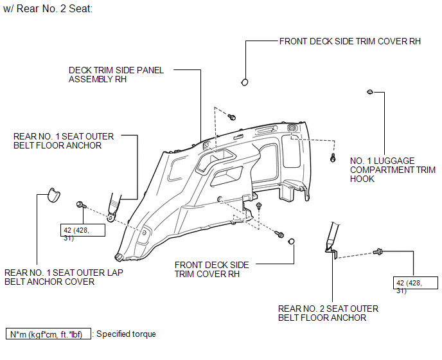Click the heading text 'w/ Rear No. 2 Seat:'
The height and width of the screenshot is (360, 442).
pos(48,9)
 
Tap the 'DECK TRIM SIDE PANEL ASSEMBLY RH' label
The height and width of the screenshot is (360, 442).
pos(116,75)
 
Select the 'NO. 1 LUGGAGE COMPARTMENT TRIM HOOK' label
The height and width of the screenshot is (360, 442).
pos(393,170)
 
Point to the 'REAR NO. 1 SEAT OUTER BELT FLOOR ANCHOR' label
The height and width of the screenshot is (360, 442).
pos(64,141)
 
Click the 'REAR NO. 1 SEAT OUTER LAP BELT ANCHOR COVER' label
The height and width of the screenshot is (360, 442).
pos(64,277)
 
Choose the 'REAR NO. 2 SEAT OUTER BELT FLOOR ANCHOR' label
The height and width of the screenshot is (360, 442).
pos(328,313)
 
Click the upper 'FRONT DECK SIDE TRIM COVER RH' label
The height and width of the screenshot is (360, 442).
pos(350,42)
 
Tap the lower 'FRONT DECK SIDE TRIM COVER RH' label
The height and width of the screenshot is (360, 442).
pos(212,269)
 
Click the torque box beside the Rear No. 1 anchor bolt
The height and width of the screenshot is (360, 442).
pos(83,230)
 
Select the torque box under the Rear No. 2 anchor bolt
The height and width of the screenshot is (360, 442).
pos(416,283)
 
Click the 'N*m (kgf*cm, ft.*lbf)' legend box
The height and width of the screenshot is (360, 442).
pos(48,334)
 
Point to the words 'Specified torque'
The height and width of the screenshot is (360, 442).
pos(126,334)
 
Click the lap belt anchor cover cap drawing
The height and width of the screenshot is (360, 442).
pos(53,195)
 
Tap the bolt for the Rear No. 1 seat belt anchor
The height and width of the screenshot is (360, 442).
pos(81,205)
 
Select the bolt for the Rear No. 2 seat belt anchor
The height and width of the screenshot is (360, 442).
pos(378,251)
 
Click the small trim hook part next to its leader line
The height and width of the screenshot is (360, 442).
pos(370,92)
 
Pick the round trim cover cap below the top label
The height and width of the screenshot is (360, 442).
pos(245,82)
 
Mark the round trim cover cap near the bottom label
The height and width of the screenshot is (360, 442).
pos(292,242)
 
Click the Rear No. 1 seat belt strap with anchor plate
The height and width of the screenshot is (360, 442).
pos(114,208)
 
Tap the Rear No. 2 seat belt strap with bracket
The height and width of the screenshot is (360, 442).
pos(332,240)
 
